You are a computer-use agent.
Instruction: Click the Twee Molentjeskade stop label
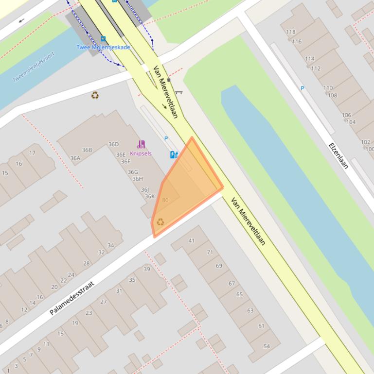pyautogui.click(x=103, y=47)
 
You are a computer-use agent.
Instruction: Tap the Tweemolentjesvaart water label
pyautogui.click(x=34, y=67)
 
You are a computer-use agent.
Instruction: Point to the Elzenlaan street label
pyautogui.click(x=338, y=155)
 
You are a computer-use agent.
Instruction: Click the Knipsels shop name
pyautogui.click(x=141, y=153)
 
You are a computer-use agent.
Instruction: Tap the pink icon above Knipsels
pyautogui.click(x=141, y=144)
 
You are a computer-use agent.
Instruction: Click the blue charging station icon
pyautogui.click(x=174, y=154)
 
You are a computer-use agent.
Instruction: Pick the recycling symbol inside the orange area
pyautogui.click(x=160, y=222)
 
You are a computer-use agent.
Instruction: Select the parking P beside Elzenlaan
pyautogui.click(x=303, y=88)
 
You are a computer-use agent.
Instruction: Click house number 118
pyautogui.click(x=290, y=32)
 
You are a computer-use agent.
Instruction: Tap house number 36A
pyautogui.click(x=75, y=158)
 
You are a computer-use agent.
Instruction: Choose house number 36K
pyautogui.click(x=149, y=197)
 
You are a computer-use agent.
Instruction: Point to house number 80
pyautogui.click(x=165, y=200)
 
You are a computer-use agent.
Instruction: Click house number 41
pyautogui.click(x=191, y=240)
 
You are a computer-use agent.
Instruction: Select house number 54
pyautogui.click(x=267, y=346)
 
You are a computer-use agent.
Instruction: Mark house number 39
pyautogui.click(x=147, y=269)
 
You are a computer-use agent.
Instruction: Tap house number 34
pyautogui.click(x=110, y=245)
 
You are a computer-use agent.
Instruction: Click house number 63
pyautogui.click(x=250, y=310)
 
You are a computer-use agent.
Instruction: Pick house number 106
pyautogui.click(x=346, y=115)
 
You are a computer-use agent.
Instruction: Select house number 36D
pyautogui.click(x=113, y=144)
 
